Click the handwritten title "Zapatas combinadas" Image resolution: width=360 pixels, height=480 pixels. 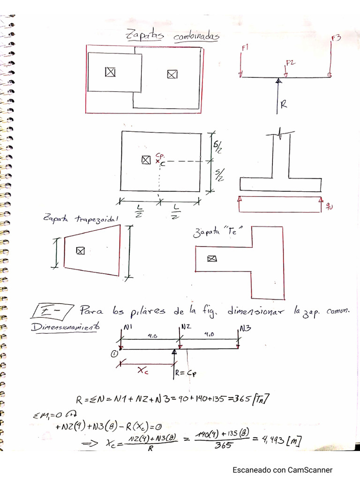[172, 36]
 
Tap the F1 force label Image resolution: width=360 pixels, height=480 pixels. [245, 48]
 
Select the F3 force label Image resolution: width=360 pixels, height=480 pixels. [335, 37]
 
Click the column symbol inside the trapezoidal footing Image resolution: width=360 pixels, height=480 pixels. [81, 251]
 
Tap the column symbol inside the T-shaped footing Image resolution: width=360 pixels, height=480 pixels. [212, 258]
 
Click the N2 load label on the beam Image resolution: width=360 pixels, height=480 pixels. [186, 326]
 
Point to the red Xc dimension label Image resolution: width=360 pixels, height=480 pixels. [143, 370]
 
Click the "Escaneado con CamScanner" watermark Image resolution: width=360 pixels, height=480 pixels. [283, 470]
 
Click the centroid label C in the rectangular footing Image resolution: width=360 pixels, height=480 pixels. [163, 164]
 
